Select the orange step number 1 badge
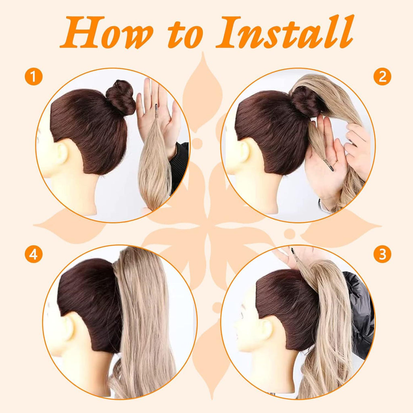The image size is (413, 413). [x=33, y=77]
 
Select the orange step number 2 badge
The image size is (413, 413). [x=382, y=76]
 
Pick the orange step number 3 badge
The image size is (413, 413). [x=382, y=254]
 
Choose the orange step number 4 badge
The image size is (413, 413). [x=33, y=254]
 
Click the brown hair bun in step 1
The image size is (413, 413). [x=121, y=98]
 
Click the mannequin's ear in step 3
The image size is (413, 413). [x=266, y=329]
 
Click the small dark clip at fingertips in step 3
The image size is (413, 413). [x=293, y=253]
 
